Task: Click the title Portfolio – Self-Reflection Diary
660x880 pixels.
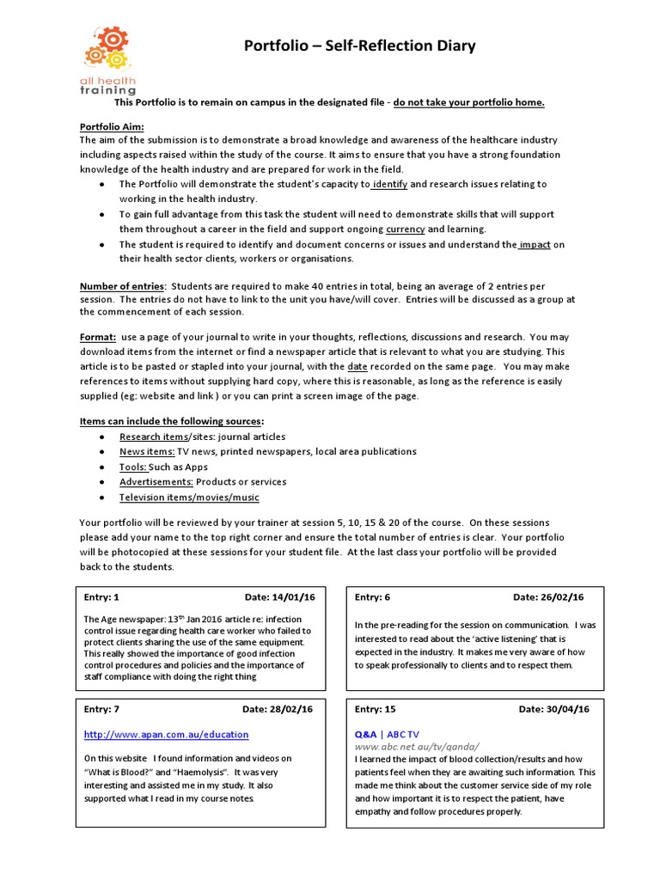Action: (360, 46)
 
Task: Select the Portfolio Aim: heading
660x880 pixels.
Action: (112, 125)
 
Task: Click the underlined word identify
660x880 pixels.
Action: (389, 184)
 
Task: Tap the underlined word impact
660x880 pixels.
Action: (535, 244)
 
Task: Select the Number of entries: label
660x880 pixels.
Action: (123, 285)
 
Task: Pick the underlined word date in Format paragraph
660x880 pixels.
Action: (357, 366)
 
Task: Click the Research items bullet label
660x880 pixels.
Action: (153, 437)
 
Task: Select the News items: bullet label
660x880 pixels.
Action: (147, 452)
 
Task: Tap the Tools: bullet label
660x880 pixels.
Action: (133, 467)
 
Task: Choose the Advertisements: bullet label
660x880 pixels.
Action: (156, 482)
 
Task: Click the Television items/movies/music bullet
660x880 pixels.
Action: (188, 498)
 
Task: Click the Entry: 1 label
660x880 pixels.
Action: (101, 597)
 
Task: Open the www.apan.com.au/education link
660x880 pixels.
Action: (166, 735)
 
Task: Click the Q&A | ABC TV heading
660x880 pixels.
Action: (387, 735)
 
